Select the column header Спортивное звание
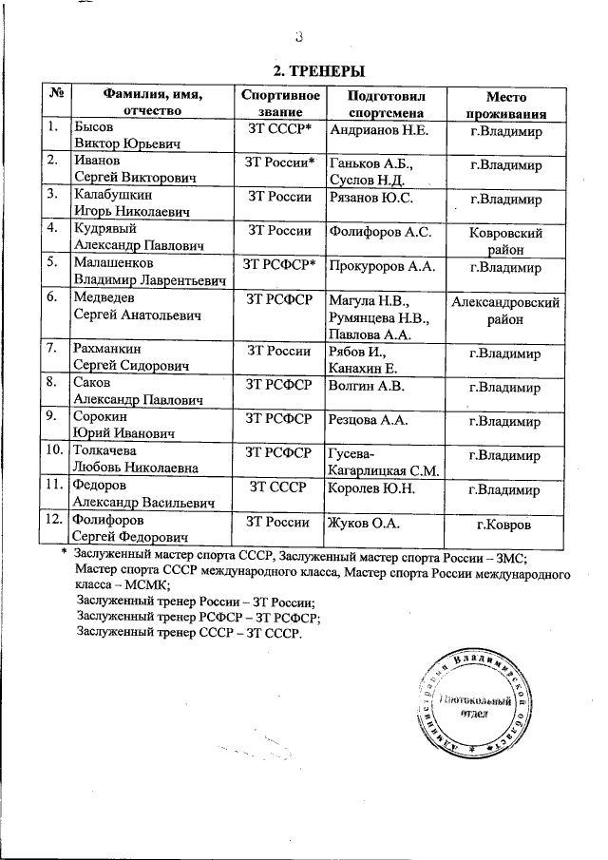279,104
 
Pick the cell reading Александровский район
505,311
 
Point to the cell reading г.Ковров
505,525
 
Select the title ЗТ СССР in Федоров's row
279,488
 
